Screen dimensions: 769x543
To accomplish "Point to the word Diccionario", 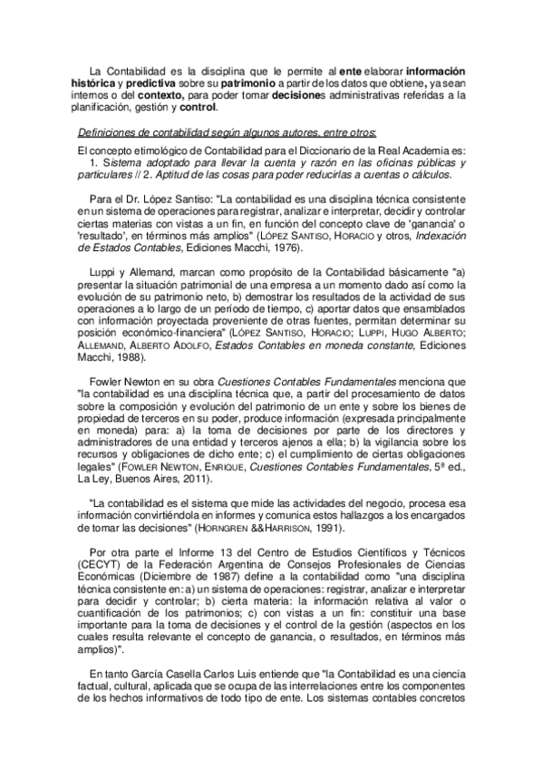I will (320, 149).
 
